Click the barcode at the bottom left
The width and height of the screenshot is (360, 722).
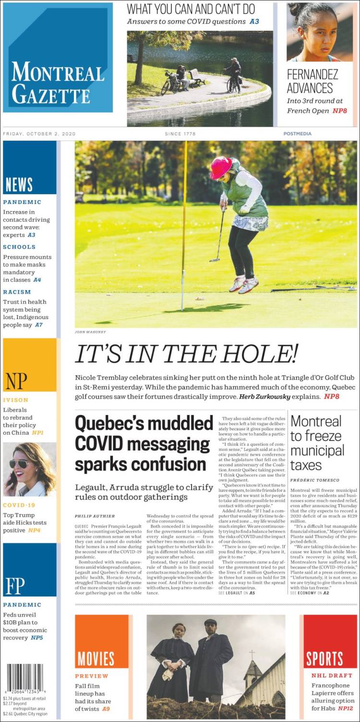[x=25, y=678]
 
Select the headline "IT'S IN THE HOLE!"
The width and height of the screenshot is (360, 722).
[x=186, y=355]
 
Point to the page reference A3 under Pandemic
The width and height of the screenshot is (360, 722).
[x=31, y=235]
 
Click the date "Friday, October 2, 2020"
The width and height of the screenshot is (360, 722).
[x=39, y=134]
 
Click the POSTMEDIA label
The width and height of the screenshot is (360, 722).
[x=297, y=134]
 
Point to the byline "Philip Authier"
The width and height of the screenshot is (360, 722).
[x=95, y=516]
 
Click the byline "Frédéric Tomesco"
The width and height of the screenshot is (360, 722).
[x=315, y=480]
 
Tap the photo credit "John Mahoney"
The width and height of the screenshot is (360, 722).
[x=90, y=332]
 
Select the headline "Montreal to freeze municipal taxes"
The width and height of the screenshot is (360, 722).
[x=317, y=443]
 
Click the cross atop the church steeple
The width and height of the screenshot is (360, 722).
[x=252, y=654]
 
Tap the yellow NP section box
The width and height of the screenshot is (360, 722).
[x=29, y=365]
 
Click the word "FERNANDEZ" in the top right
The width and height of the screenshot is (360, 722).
[x=312, y=75]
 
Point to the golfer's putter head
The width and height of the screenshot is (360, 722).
[x=214, y=260]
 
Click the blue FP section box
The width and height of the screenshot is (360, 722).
[x=29, y=569]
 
